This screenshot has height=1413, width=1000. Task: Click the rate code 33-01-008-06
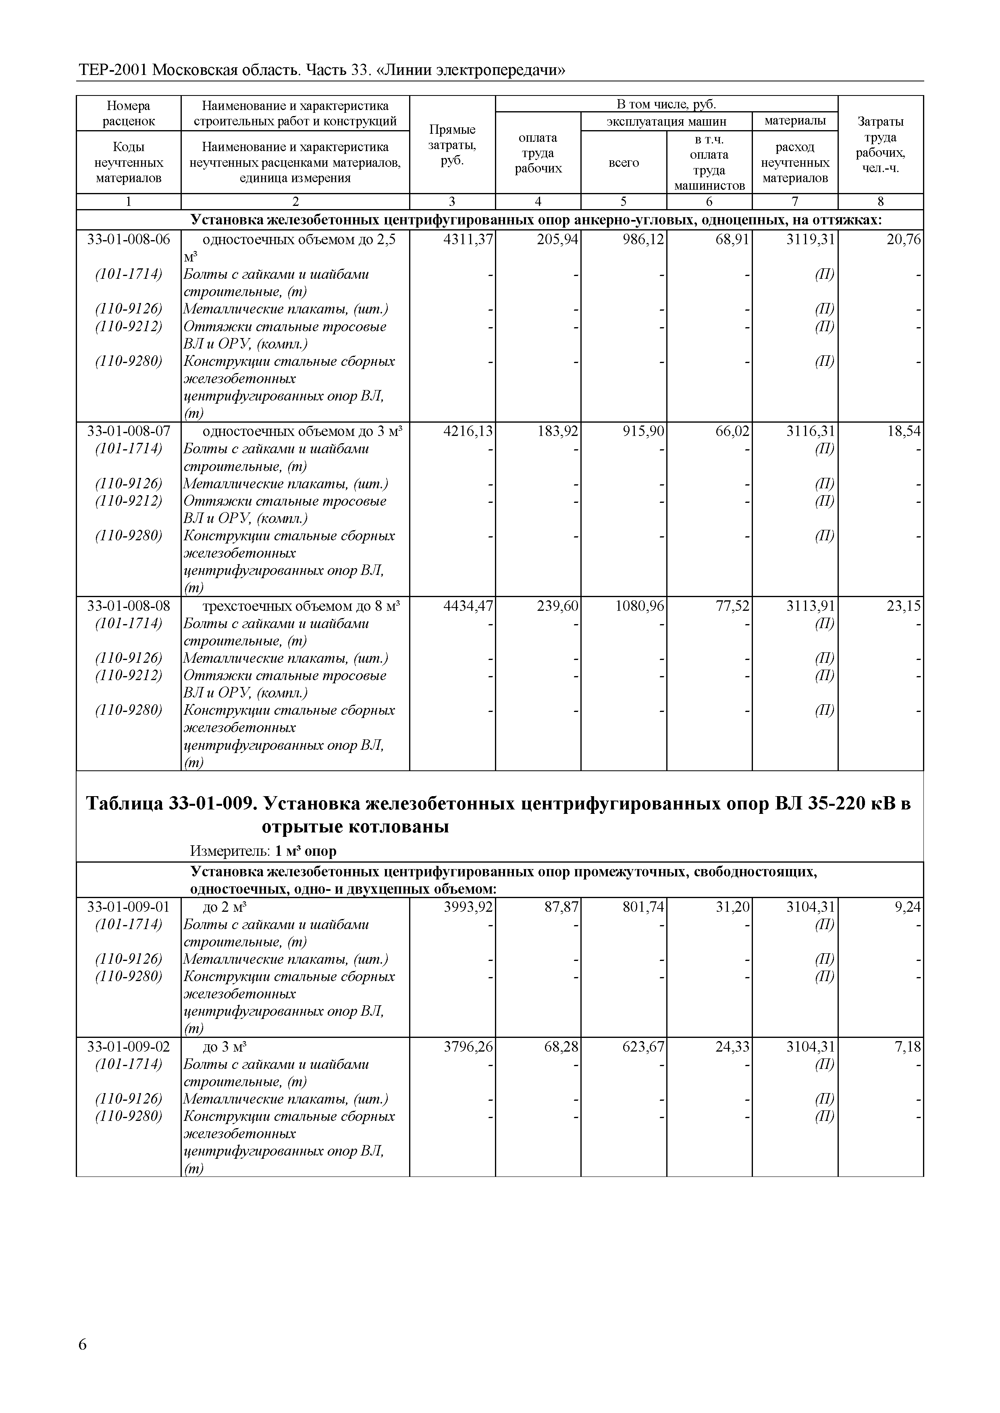point(128,239)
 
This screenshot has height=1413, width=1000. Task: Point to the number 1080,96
point(639,606)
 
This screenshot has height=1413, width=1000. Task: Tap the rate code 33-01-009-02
point(128,1047)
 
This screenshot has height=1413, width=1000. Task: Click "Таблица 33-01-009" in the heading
point(169,804)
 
